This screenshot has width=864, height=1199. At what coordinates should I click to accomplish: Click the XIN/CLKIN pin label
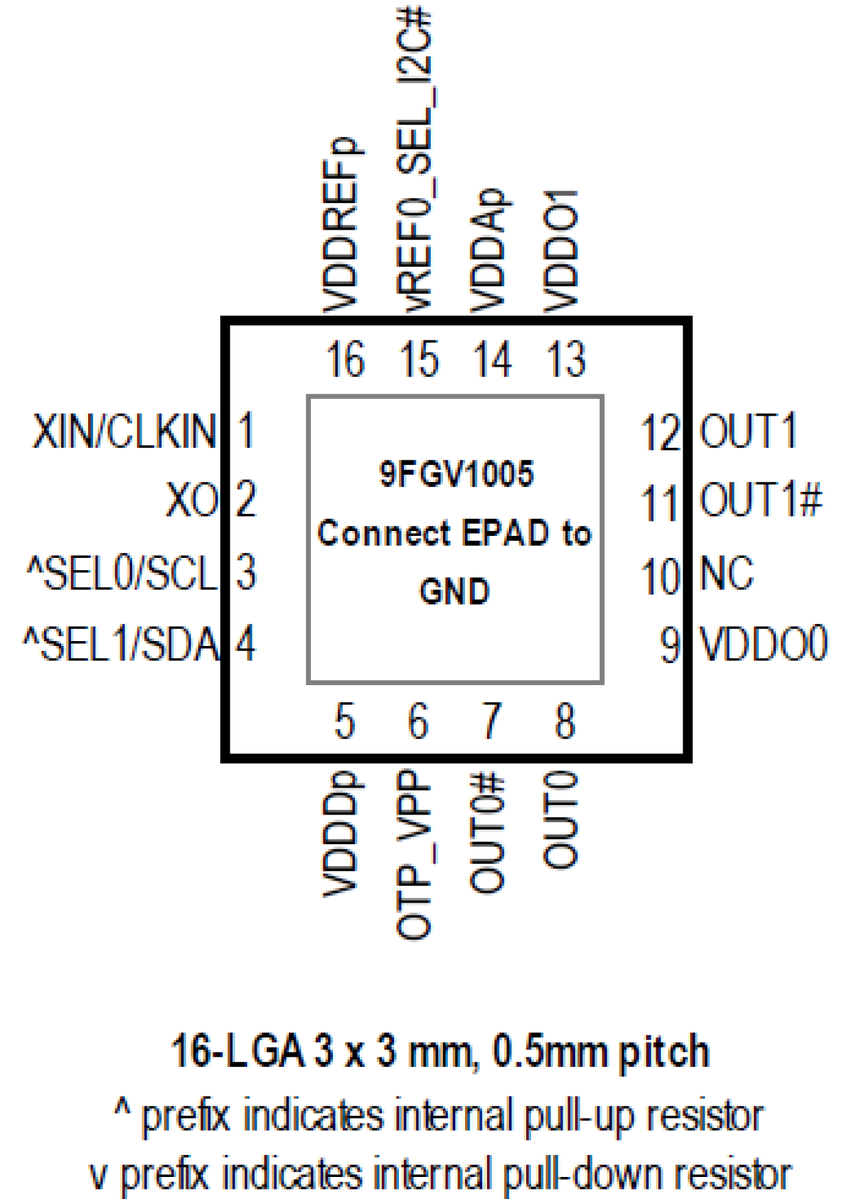click(125, 431)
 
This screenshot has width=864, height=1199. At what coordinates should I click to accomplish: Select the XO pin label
click(191, 500)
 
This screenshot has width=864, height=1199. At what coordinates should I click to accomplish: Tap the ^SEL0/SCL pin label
click(122, 573)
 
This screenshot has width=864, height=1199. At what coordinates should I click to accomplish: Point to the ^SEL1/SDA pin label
click(120, 645)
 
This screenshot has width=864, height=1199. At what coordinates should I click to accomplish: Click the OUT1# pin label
click(761, 500)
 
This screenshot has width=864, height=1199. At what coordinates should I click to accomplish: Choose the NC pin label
click(726, 573)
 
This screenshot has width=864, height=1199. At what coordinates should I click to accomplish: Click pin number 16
click(345, 360)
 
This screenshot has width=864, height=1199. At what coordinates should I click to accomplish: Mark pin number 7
click(491, 722)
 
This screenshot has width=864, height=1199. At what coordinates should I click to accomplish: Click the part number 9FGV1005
click(456, 475)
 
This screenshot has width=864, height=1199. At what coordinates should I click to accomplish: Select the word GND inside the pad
click(455, 592)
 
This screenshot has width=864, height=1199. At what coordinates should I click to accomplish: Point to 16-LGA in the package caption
click(237, 1051)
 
